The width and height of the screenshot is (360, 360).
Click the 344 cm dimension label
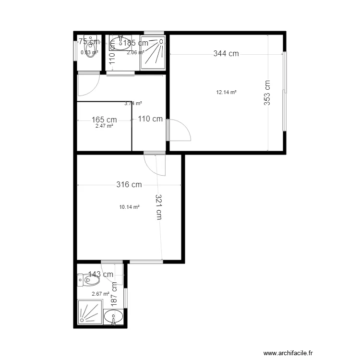(x=226, y=54)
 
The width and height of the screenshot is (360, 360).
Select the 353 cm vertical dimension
(x=267, y=92)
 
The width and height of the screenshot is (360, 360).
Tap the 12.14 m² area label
(x=227, y=93)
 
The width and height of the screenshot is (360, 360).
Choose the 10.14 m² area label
(x=129, y=207)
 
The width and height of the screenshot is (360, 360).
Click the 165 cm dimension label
(x=104, y=120)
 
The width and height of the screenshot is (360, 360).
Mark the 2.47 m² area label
(x=104, y=126)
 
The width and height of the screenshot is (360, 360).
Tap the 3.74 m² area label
(x=133, y=103)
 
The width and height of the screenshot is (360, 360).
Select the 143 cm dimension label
(x=101, y=275)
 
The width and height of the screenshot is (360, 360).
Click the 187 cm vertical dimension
(x=114, y=293)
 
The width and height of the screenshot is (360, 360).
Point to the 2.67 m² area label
(x=100, y=294)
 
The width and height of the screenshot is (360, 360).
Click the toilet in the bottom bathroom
(x=87, y=278)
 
